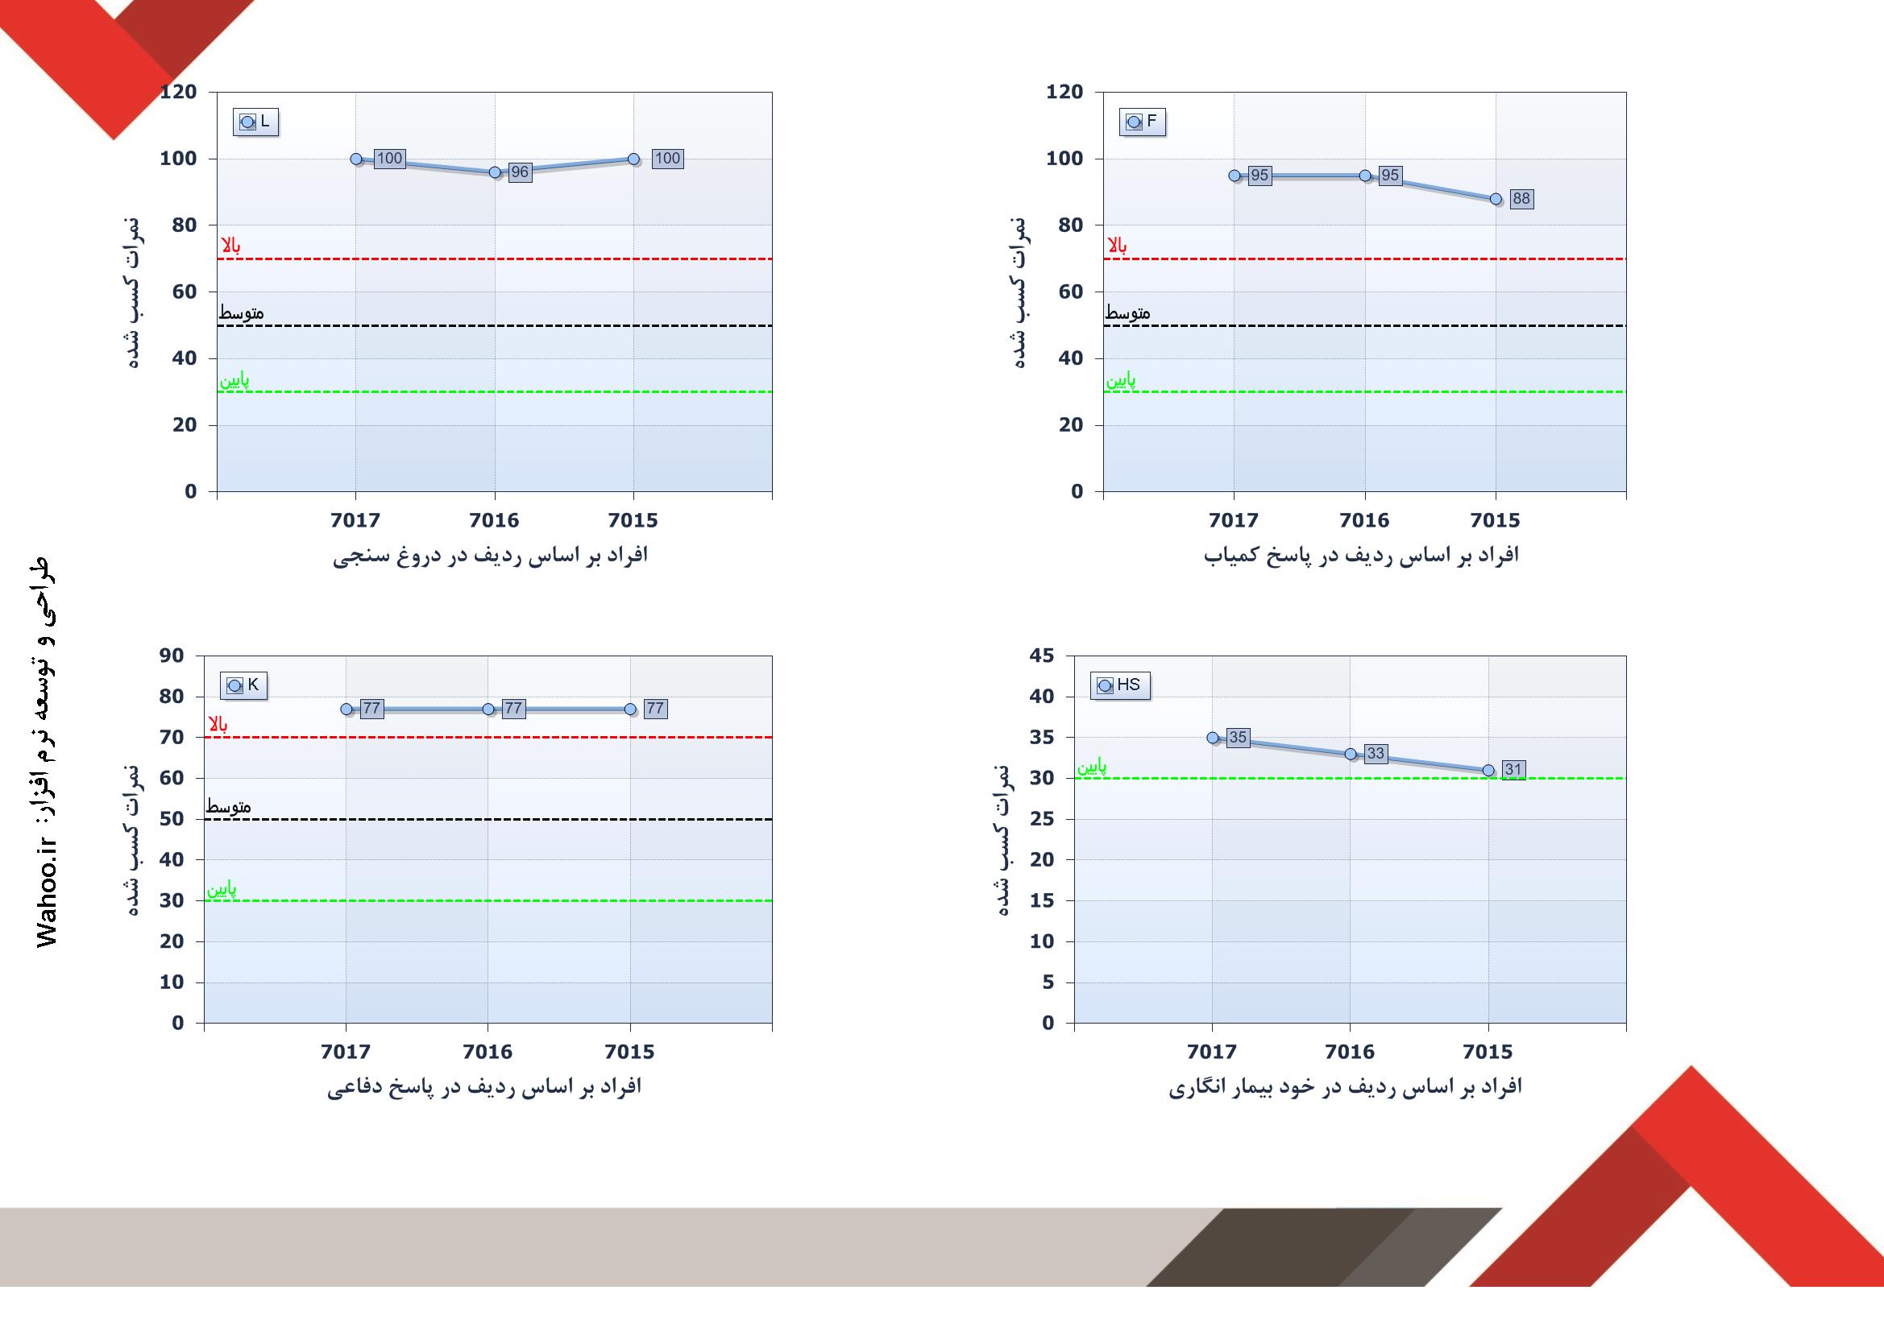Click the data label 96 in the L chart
coord(520,172)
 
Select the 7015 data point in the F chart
coord(1496,198)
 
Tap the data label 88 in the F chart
coord(1521,198)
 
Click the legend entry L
coord(256,122)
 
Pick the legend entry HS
coord(1120,685)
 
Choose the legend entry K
coord(243,685)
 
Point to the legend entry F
coord(1142,122)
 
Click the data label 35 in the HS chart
coord(1239,738)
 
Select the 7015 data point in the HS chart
coord(1488,770)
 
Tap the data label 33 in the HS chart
coord(1376,754)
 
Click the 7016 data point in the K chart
coord(488,709)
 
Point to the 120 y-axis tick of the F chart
coord(1064,92)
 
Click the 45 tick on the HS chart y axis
coord(1041,656)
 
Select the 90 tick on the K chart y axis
coord(172,656)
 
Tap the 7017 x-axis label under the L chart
coord(355,520)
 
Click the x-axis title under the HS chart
coord(1346,1086)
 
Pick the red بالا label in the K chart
coord(218,724)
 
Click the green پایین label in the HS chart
coord(1092,767)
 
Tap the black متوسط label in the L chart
coord(241,313)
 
